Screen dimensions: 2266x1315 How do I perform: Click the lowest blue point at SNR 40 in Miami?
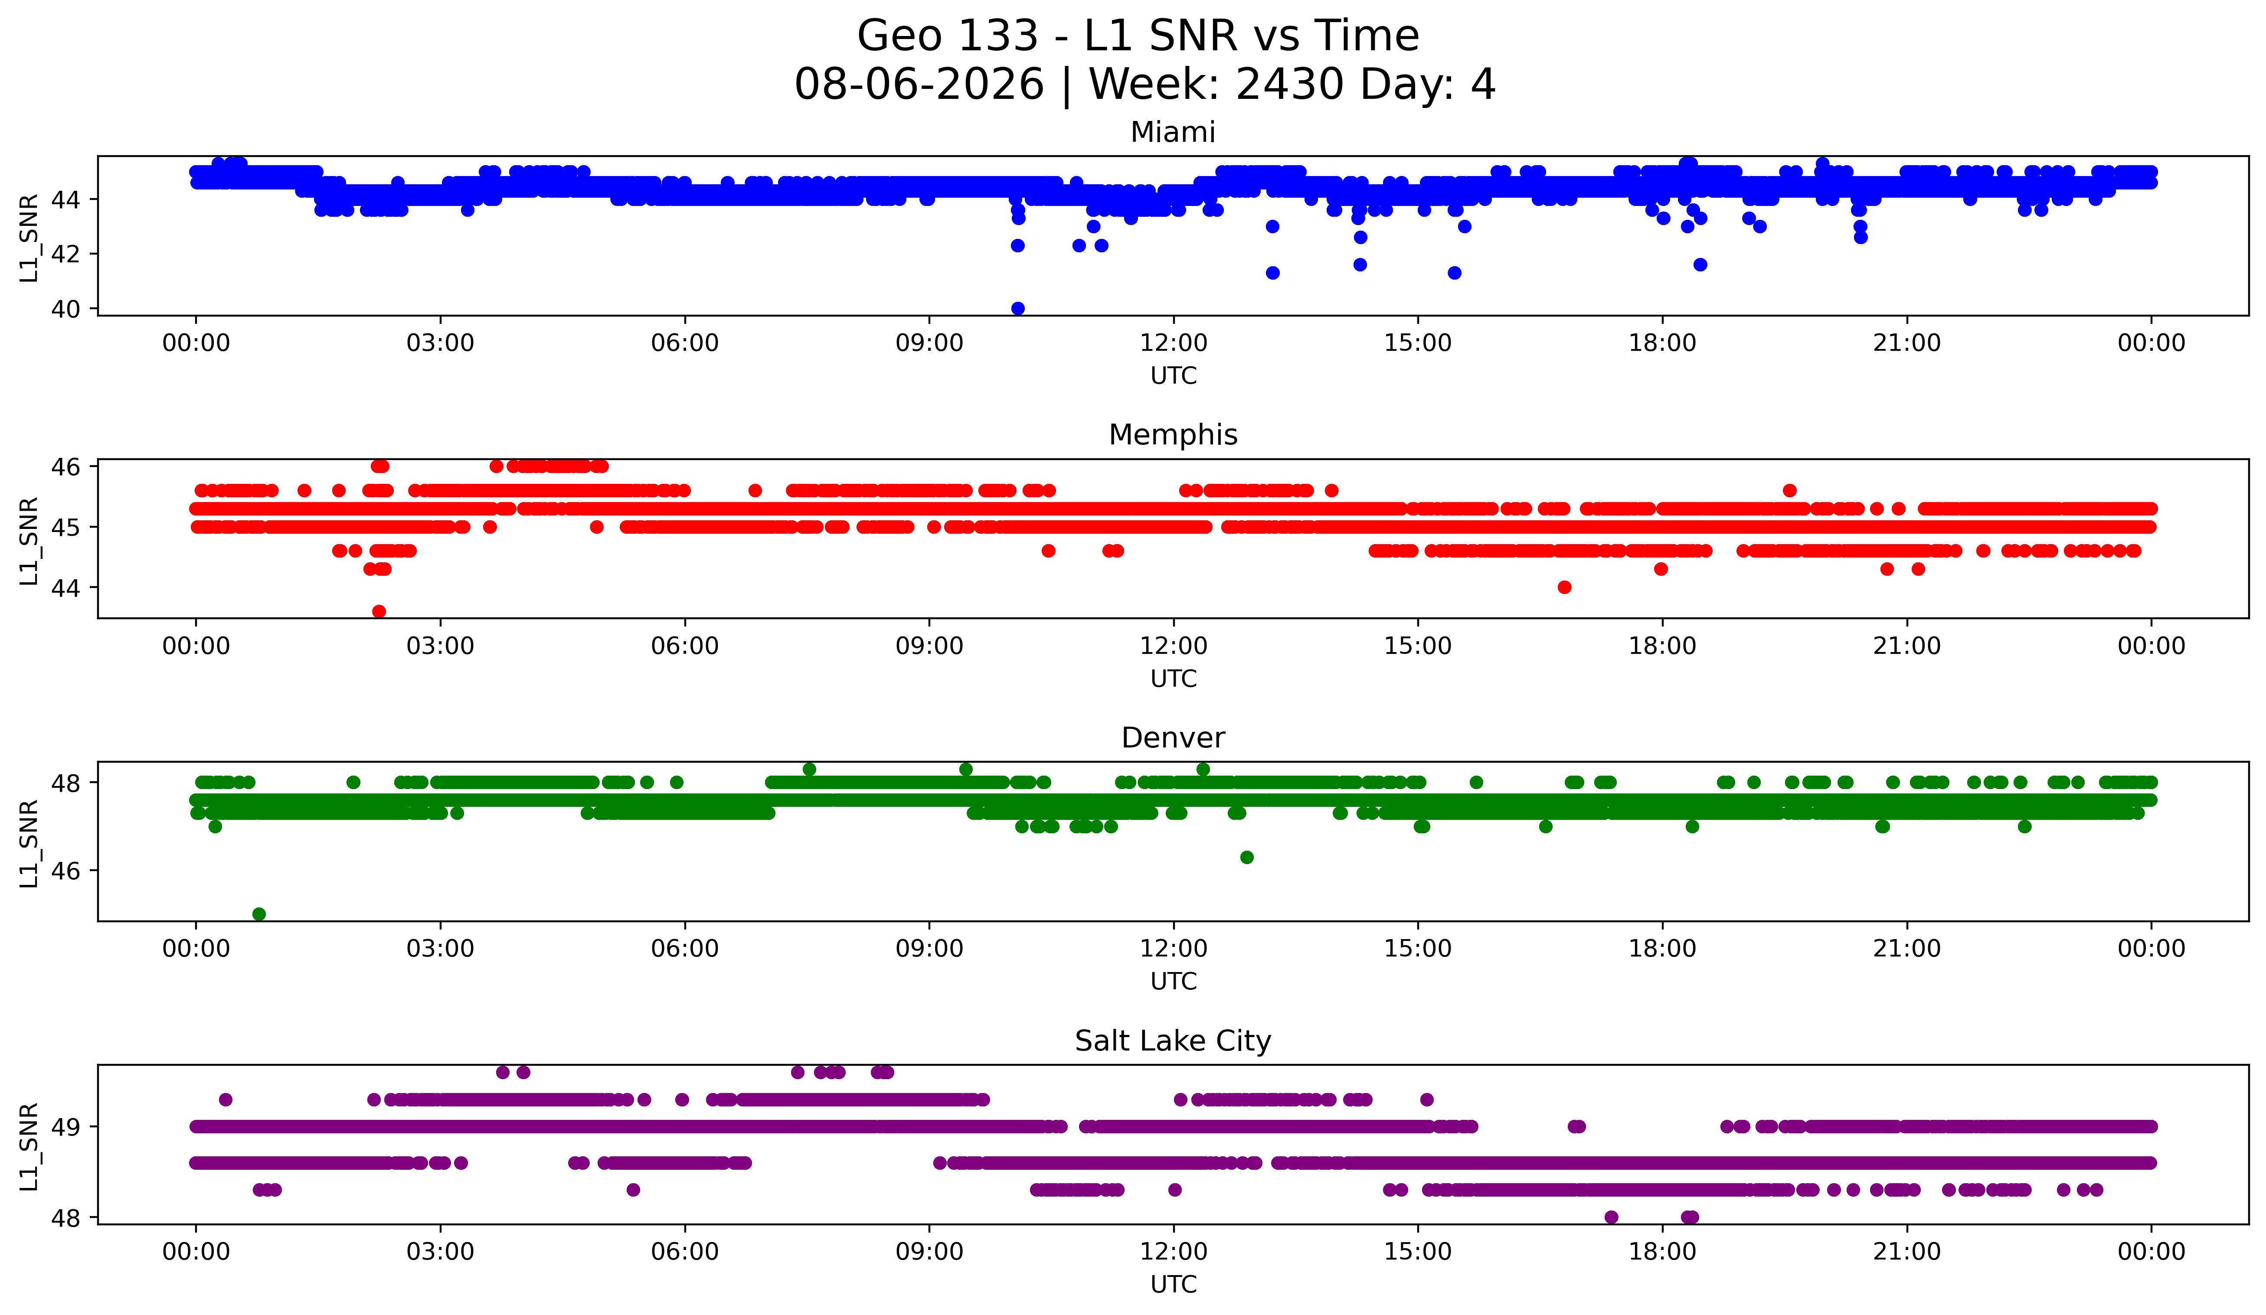click(x=1017, y=308)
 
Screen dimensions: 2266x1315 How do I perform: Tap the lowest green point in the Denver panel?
click(x=259, y=914)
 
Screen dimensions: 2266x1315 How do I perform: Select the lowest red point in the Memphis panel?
click(x=379, y=611)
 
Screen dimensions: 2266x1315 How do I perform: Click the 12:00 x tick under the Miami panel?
click(x=1174, y=343)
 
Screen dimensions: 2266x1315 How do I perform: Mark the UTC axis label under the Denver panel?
click(x=1174, y=982)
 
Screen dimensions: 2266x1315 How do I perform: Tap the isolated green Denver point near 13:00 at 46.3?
click(x=1246, y=858)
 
